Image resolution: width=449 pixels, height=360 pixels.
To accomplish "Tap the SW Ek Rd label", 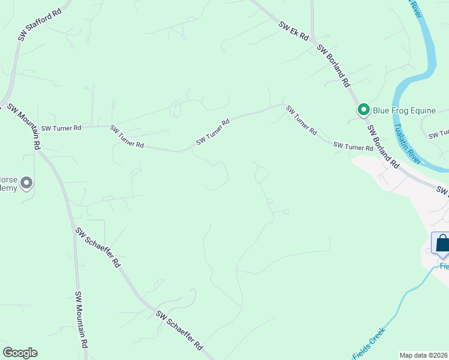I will tap(294, 32).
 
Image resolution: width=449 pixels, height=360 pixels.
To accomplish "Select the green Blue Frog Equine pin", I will tap(363, 110).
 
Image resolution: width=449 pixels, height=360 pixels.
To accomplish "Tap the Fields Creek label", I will tap(369, 344).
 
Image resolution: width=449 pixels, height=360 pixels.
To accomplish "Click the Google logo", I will tap(20, 353).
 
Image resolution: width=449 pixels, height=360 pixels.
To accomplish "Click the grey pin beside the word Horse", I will tap(26, 184).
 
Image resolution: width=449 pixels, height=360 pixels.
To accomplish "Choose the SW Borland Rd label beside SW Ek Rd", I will tap(333, 66).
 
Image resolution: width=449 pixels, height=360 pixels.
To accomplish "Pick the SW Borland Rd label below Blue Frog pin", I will tap(383, 146).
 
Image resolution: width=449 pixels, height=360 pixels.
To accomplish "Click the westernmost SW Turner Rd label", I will tap(61, 128).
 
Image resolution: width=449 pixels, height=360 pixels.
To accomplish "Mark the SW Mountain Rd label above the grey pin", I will tap(25, 127).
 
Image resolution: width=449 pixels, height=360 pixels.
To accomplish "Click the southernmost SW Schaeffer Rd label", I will tap(179, 331).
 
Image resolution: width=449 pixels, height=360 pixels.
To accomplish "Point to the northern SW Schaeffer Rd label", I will tap(98, 247).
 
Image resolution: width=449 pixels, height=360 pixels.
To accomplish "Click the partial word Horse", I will tap(7, 179).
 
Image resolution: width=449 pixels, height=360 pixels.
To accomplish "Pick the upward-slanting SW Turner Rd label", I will tap(213, 132).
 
